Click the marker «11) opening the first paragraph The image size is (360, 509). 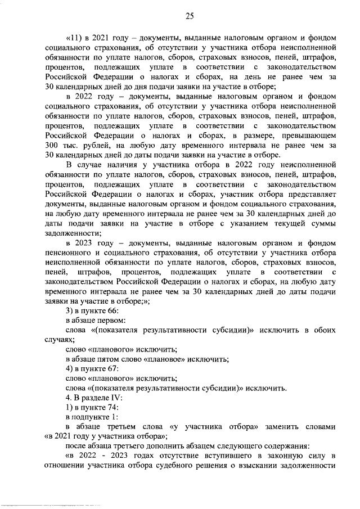point(74,38)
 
